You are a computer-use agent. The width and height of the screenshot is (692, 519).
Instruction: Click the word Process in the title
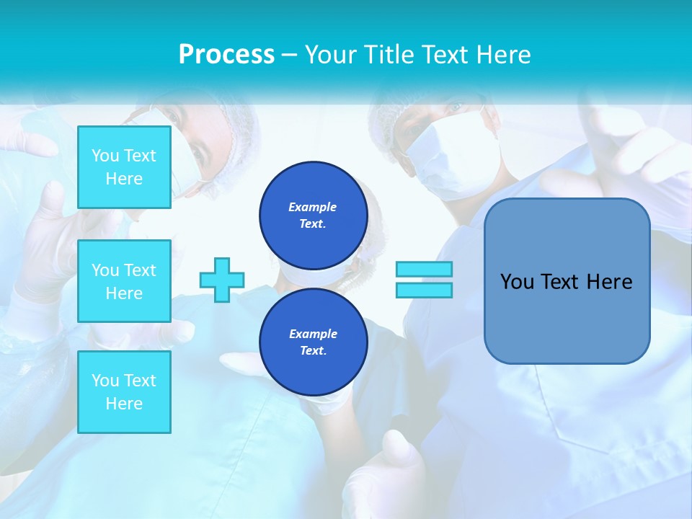click(226, 55)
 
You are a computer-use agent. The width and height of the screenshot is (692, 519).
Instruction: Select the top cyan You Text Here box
click(124, 167)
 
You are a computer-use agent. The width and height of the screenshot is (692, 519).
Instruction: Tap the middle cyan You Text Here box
click(124, 281)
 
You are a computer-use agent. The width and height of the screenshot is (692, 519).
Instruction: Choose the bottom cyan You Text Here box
click(124, 392)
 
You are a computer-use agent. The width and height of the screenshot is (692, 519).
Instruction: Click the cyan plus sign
click(222, 280)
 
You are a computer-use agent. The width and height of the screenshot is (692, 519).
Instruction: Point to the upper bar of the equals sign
click(424, 270)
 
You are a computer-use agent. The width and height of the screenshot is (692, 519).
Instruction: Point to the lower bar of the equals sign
click(424, 290)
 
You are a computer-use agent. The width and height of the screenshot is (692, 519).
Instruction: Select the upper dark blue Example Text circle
click(313, 216)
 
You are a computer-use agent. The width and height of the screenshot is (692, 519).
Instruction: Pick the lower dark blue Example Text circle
click(313, 342)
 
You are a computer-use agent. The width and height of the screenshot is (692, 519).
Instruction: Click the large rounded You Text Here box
click(567, 281)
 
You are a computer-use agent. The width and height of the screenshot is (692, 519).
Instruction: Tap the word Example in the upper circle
click(313, 208)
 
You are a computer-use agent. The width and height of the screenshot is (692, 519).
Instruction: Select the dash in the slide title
click(289, 56)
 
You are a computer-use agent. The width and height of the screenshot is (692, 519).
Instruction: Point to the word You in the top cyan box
click(105, 156)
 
